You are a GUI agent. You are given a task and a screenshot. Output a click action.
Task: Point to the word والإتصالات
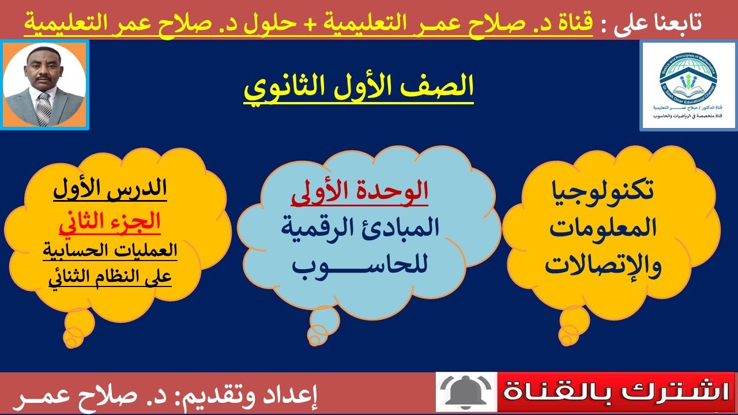600,265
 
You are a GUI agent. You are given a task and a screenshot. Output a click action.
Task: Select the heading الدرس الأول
110,190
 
